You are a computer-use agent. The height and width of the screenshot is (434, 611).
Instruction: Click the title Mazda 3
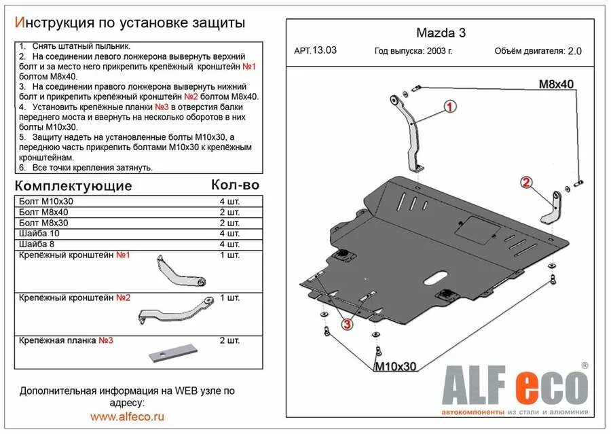[x=441, y=32]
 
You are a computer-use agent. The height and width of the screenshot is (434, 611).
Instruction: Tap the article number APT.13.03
[x=316, y=50]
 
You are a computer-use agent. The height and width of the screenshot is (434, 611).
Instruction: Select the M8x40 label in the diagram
[x=556, y=84]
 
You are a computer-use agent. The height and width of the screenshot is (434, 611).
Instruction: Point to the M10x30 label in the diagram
[x=395, y=366]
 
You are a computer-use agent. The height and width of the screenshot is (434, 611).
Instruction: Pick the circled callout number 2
[x=525, y=181]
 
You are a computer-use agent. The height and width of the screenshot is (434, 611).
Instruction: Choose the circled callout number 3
[x=347, y=324]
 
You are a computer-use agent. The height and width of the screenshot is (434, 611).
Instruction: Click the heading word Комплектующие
[x=74, y=185]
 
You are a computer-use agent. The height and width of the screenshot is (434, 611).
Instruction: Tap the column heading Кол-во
[x=235, y=185]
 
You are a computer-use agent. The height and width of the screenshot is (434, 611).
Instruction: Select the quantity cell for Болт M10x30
[x=230, y=202]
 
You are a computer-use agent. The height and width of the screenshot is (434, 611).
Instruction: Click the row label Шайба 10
[x=39, y=234]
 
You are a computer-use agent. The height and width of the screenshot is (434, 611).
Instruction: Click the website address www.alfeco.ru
[x=128, y=416]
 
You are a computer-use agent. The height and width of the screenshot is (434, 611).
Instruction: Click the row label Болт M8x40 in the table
[x=44, y=213]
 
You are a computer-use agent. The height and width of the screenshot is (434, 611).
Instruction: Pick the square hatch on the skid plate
[x=475, y=230]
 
